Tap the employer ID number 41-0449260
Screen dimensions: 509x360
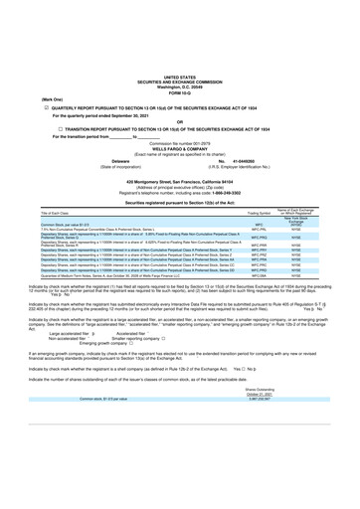click(235, 159)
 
